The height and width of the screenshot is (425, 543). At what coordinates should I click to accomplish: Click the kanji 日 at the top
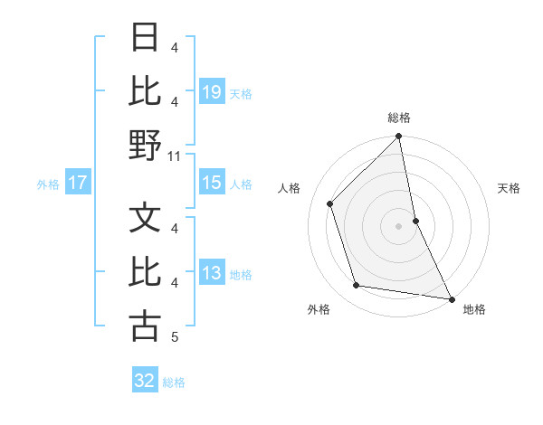[x=145, y=39]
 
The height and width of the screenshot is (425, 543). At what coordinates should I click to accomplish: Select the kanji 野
[x=145, y=145]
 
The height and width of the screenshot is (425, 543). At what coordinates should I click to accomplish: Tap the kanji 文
[x=145, y=218]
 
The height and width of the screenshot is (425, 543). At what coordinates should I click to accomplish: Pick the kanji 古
[x=145, y=326]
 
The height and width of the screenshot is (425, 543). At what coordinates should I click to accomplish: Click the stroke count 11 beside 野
[x=176, y=156]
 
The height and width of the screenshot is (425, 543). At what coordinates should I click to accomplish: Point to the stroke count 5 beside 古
[x=175, y=337]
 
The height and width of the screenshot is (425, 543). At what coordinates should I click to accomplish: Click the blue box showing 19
[x=211, y=91]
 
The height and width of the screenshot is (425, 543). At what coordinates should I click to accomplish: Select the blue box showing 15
[x=211, y=183]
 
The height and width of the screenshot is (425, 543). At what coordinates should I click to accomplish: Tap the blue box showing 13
[x=211, y=274]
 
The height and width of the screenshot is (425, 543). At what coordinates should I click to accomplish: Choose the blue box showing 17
[x=78, y=183]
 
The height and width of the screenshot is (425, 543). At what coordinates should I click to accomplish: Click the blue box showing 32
[x=145, y=381]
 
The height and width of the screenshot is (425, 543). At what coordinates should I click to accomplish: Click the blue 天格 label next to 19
[x=241, y=92]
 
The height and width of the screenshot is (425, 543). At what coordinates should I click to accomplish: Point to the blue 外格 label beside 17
[x=48, y=184]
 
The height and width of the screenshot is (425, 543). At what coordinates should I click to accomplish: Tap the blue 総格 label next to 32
[x=174, y=382]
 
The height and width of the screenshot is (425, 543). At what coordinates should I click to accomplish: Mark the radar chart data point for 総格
[x=398, y=137]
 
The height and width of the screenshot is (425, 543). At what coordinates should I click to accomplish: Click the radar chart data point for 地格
[x=450, y=298]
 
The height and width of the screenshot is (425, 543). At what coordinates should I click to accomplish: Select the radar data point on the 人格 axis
[x=330, y=203]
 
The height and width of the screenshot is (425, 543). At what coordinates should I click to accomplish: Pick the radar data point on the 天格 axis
[x=415, y=220]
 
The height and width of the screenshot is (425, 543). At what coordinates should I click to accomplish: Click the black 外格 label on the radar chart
[x=319, y=309]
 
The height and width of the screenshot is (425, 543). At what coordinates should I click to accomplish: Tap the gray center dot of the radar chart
[x=398, y=225]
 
